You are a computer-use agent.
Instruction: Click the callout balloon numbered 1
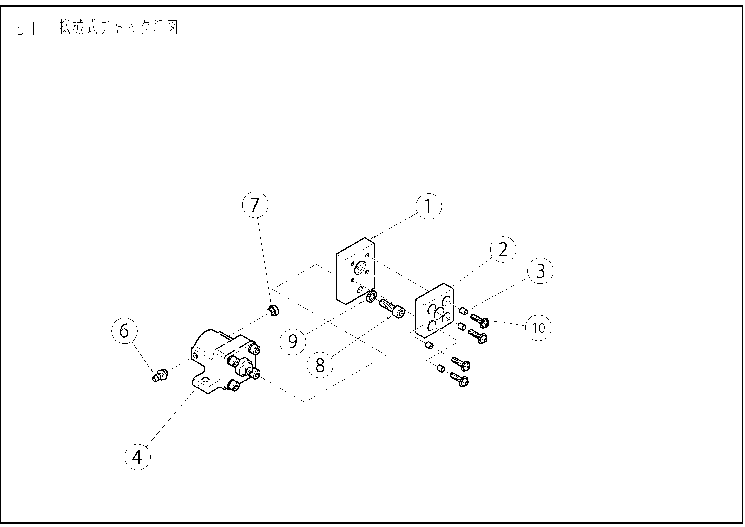tap(428, 206)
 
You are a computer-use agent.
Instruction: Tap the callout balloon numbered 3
tap(540, 271)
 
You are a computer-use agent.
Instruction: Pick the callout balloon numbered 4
tap(137, 457)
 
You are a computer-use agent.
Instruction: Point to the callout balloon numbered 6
tap(124, 331)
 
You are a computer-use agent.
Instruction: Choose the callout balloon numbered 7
tap(255, 205)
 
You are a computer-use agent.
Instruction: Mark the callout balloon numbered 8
tap(320, 365)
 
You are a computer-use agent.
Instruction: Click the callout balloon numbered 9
tap(293, 342)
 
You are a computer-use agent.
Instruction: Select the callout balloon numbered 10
tap(538, 328)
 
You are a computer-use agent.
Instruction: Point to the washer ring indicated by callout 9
tap(371, 296)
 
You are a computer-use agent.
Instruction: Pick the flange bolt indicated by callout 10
tap(480, 321)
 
